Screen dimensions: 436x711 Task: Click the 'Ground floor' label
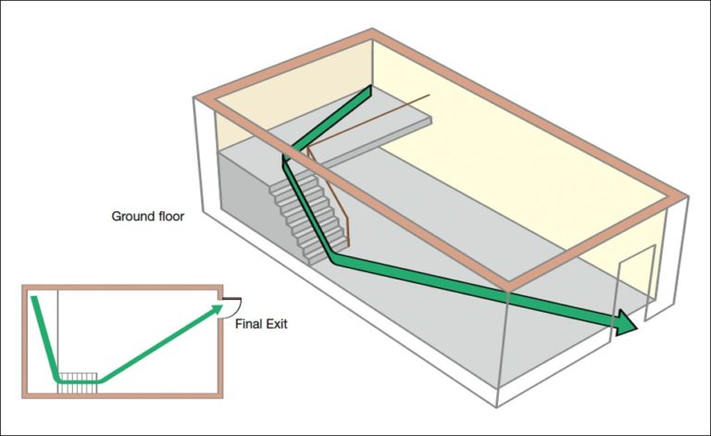[148, 217]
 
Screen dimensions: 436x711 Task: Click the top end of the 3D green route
[369, 91]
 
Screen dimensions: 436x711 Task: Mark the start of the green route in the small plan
[34, 299]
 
